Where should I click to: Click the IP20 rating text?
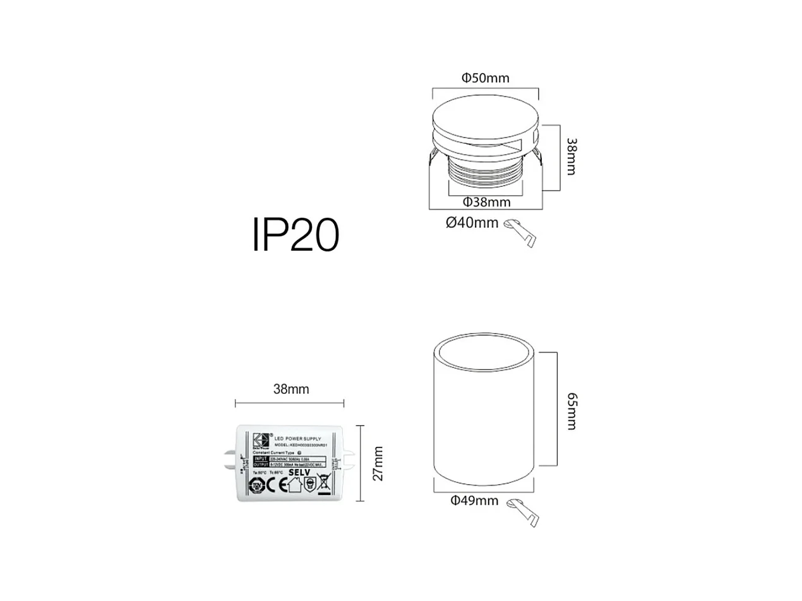pyautogui.click(x=296, y=235)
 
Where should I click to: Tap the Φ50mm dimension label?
pyautogui.click(x=485, y=78)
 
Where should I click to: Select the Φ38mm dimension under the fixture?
pyautogui.click(x=486, y=202)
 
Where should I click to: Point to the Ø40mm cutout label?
pyautogui.click(x=472, y=223)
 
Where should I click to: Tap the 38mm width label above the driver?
pyautogui.click(x=291, y=389)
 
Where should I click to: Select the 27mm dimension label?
pyautogui.click(x=377, y=463)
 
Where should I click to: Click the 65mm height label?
pyautogui.click(x=570, y=411)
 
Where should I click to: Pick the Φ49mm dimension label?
pyautogui.click(x=474, y=501)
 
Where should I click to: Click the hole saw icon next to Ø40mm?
pyautogui.click(x=521, y=233)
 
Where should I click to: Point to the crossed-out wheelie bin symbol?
pyautogui.click(x=324, y=484)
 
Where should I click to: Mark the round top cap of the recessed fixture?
pyautogui.click(x=485, y=118)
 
